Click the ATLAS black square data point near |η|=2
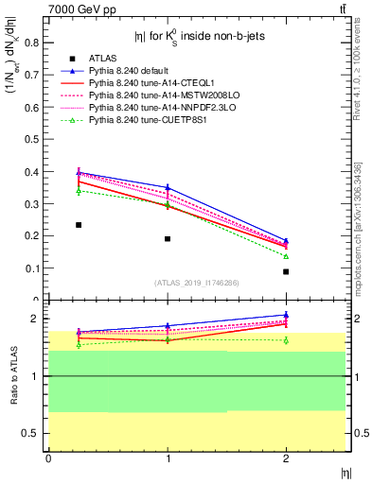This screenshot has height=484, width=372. [286, 271]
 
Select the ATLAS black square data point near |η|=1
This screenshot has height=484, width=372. [168, 239]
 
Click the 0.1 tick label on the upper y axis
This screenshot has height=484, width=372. [35, 268]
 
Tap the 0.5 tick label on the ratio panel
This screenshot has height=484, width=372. [35, 433]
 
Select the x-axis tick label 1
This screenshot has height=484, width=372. [168, 458]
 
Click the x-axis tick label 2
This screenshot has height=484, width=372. [286, 458]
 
